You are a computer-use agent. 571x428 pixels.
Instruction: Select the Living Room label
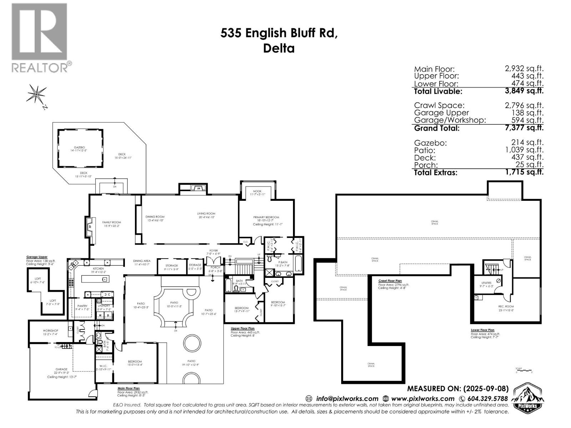206,214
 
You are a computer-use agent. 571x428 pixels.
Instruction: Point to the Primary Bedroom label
266,217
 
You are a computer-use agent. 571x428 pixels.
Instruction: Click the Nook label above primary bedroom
257,192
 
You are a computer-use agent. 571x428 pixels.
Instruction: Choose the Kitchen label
98,268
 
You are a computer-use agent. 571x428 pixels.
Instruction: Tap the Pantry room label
82,306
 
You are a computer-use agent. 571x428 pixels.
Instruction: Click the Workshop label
50,331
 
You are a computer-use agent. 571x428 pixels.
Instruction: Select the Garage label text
61,369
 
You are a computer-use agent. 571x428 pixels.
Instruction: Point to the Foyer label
213,251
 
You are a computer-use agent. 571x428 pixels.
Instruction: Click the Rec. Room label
506,306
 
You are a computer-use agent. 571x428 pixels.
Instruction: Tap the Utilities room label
486,283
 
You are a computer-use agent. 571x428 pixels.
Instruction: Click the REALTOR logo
40,37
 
